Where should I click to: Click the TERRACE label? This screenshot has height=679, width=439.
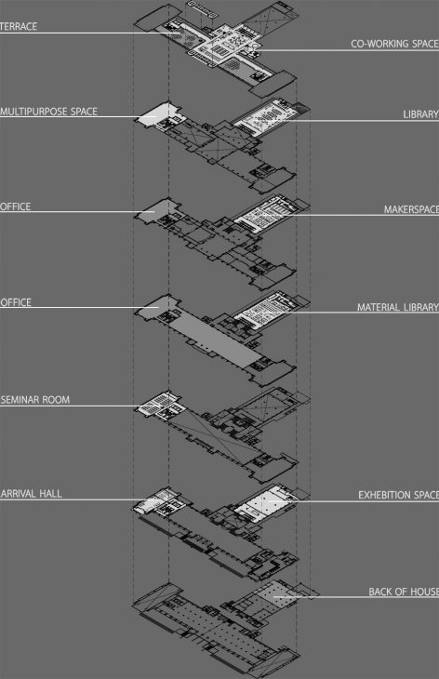(x=19, y=26)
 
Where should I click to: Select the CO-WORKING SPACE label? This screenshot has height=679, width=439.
(x=394, y=44)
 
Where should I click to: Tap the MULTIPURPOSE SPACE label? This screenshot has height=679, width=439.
(x=48, y=112)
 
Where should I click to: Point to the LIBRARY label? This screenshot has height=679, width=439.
(x=420, y=114)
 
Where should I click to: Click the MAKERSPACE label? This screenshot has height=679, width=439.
(x=411, y=209)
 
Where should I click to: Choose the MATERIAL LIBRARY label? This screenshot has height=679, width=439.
(x=398, y=307)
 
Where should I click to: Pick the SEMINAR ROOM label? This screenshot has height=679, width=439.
(x=35, y=400)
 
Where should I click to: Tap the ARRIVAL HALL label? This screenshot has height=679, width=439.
(x=32, y=494)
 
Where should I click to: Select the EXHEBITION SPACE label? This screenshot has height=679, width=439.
(x=398, y=495)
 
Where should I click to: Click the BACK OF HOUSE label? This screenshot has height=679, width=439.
(x=404, y=592)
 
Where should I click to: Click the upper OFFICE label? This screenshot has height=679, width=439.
(x=16, y=206)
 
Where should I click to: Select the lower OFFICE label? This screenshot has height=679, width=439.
(x=16, y=302)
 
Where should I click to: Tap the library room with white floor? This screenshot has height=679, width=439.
(x=266, y=117)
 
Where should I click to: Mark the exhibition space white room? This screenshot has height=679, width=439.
(x=266, y=502)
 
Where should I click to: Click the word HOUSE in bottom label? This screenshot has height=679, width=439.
(x=425, y=592)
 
